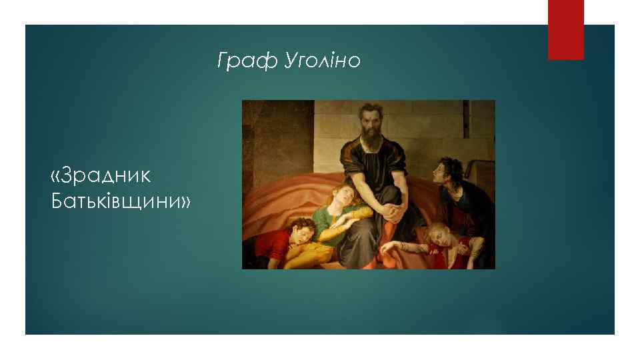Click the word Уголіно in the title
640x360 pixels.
point(322,62)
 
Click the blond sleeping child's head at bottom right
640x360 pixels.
point(439,234)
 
